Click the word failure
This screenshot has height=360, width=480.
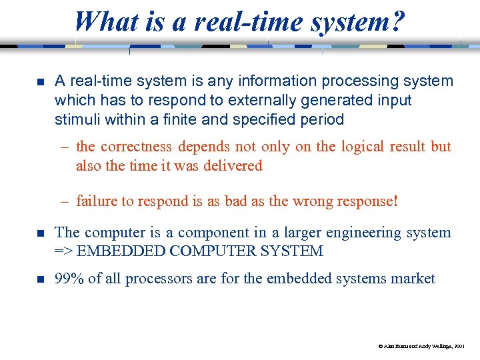click(x=96, y=201)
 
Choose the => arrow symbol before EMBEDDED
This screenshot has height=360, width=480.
click(x=64, y=251)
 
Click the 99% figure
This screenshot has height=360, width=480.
click(x=69, y=279)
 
